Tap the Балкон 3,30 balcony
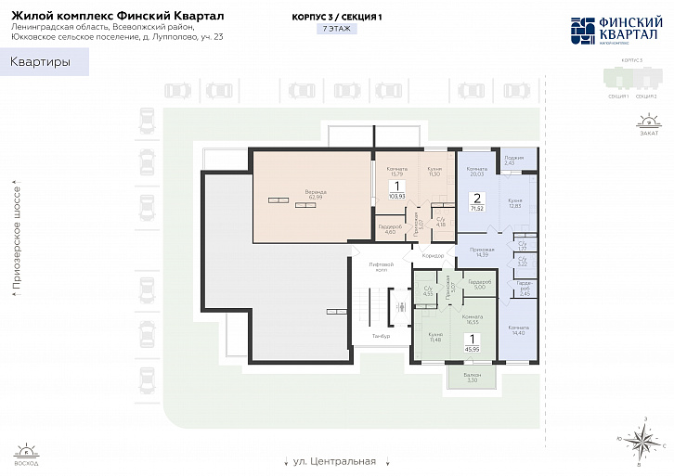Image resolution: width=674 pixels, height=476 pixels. click(472, 379)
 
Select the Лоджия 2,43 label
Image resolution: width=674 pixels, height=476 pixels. click(514, 161)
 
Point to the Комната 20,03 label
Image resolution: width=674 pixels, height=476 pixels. click(478, 171)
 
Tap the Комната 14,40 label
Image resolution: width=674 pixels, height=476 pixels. click(518, 329)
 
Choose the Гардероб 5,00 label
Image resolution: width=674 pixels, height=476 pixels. click(479, 285)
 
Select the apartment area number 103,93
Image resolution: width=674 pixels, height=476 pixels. click(397, 197)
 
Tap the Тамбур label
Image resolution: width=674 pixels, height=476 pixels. click(380, 335)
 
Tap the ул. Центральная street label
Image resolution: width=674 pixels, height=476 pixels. click(333, 461)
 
